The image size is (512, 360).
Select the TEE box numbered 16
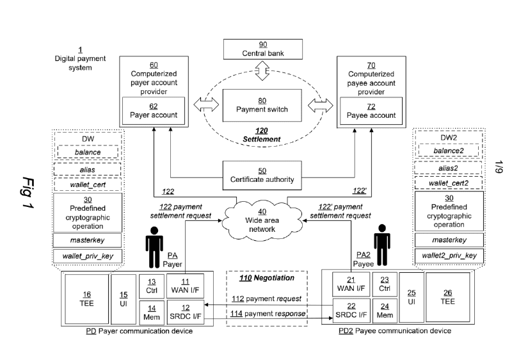[86, 298]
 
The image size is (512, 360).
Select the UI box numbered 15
[124, 298]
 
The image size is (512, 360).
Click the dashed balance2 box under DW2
[447, 151]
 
